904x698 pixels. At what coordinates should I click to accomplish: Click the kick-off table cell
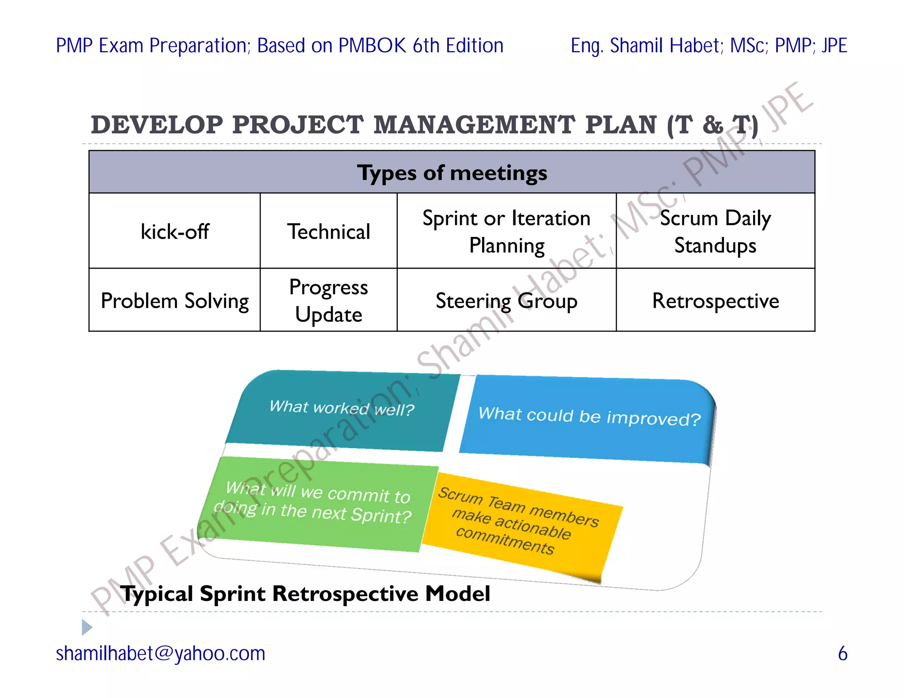(x=174, y=231)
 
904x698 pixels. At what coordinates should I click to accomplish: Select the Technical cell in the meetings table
(x=329, y=231)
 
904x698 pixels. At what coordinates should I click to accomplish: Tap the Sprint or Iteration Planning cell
(x=506, y=231)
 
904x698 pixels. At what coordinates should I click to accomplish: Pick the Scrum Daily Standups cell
(x=715, y=231)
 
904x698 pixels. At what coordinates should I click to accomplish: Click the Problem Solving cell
(x=174, y=300)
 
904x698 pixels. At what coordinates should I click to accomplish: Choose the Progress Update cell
(x=329, y=300)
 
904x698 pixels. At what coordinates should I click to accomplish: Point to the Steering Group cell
(x=506, y=300)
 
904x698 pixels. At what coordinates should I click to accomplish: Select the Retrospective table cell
(x=715, y=300)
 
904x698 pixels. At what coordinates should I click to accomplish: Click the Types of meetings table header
(x=452, y=173)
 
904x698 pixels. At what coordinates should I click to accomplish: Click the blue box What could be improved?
(x=589, y=417)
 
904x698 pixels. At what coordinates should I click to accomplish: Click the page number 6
(x=842, y=653)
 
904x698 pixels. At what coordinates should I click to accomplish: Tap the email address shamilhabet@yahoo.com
(x=161, y=653)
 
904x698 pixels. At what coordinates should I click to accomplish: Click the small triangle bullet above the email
(x=87, y=627)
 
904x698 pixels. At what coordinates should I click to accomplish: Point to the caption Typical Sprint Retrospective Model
(x=305, y=593)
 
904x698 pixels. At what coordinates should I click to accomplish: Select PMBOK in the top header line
(x=372, y=46)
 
